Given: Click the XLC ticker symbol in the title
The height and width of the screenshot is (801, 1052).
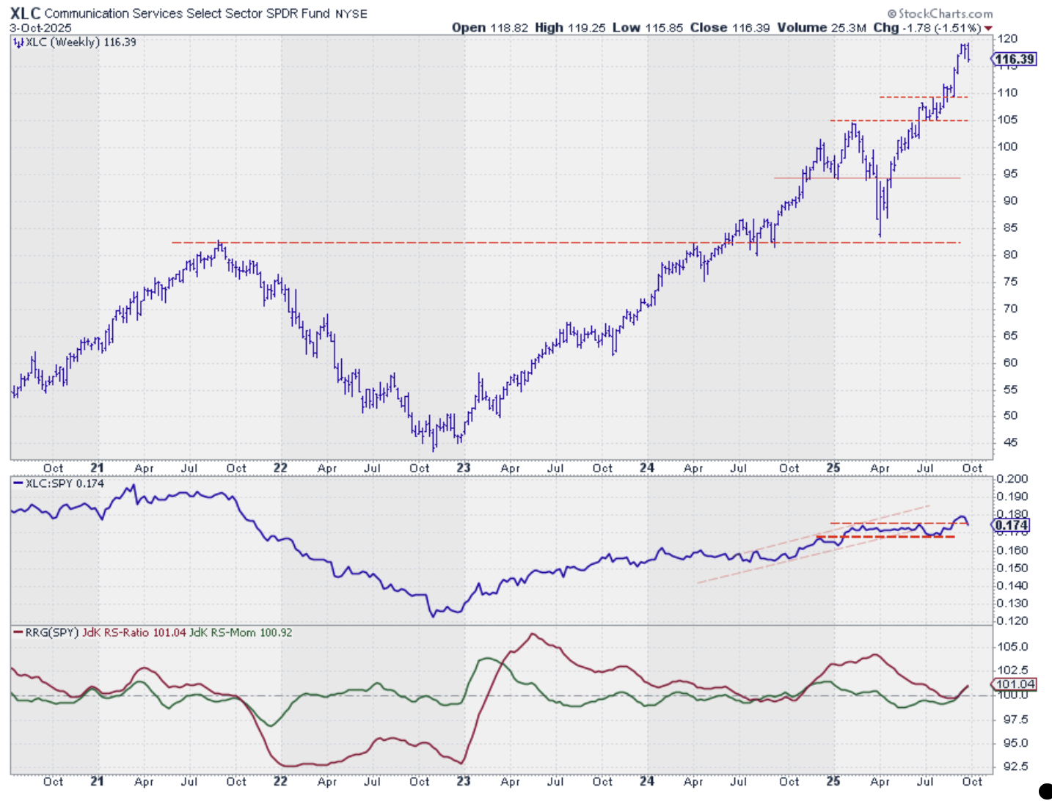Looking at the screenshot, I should [x=25, y=13].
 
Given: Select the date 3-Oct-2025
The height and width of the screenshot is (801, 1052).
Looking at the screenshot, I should [x=40, y=28].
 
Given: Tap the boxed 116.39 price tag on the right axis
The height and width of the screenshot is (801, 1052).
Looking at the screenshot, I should [x=1015, y=59].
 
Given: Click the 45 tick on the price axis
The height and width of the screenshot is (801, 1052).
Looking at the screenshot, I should [x=1010, y=442].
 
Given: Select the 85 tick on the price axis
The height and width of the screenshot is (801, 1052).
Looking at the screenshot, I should [x=1010, y=227].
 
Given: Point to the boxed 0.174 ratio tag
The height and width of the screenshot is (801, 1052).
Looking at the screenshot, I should [x=1012, y=525].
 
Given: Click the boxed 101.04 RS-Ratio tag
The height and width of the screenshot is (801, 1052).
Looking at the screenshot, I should [x=1015, y=684].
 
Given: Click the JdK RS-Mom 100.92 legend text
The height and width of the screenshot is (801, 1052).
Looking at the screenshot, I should [x=241, y=632].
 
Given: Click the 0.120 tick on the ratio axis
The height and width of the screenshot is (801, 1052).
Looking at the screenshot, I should [x=1012, y=621].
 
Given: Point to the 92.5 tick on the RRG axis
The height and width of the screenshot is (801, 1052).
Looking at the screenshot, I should [x=1015, y=767].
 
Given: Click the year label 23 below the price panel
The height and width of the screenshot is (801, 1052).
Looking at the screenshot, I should [x=464, y=468].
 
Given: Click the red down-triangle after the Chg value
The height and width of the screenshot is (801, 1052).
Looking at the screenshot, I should [x=988, y=29].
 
